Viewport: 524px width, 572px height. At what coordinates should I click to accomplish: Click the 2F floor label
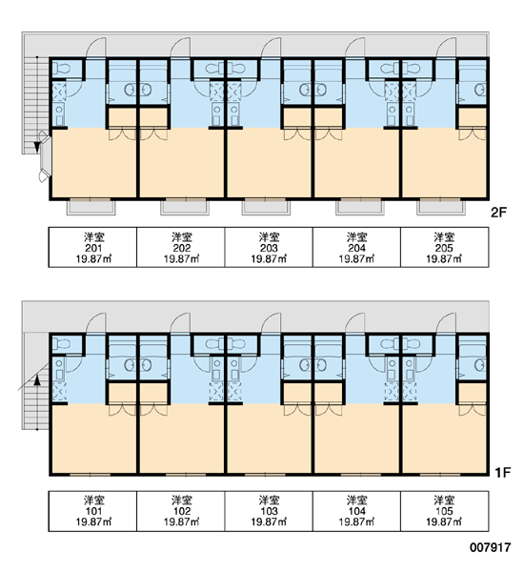(499, 213)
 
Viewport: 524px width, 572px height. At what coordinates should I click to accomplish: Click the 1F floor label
(502, 473)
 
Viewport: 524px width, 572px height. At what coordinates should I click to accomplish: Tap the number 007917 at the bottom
(490, 547)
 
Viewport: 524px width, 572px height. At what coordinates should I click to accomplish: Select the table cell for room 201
(93, 247)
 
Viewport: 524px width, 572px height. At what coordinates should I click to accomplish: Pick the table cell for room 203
(269, 247)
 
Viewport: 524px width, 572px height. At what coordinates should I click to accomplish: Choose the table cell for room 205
(445, 247)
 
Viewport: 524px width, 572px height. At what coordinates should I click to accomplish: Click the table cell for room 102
(181, 511)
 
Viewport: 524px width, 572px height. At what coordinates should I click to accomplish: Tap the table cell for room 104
(356, 511)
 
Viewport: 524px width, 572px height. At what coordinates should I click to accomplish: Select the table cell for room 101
(93, 511)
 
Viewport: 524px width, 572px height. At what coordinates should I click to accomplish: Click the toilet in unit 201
(63, 69)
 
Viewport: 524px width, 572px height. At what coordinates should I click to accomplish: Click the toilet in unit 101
(63, 344)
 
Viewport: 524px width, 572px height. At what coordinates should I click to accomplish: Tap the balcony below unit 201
(91, 207)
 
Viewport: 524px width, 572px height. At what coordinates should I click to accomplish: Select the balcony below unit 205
(441, 207)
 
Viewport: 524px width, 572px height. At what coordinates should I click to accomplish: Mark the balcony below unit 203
(266, 207)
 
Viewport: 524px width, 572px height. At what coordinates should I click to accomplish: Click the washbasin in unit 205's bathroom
(480, 90)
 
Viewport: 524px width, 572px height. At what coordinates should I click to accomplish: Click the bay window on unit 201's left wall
(45, 156)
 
